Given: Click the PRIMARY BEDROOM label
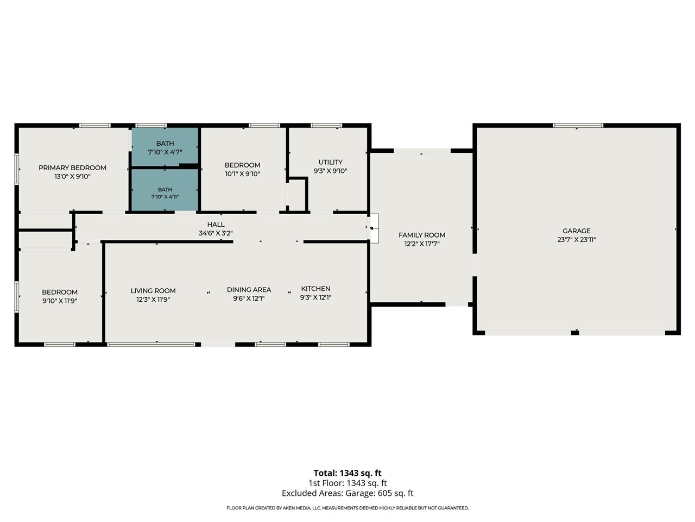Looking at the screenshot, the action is tap(73, 167).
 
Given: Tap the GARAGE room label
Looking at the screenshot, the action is tap(576, 231).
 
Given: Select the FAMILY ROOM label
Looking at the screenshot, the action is tap(422, 235).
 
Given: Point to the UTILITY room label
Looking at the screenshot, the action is tap(330, 162).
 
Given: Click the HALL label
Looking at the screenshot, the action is tap(216, 225).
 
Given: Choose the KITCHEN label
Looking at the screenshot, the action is tap(315, 289).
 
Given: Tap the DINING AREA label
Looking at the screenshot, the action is tap(249, 290).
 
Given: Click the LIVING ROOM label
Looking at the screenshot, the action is tap(153, 290).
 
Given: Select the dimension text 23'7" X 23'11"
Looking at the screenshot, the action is tap(576, 240).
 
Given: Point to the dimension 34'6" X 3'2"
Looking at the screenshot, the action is tap(216, 233).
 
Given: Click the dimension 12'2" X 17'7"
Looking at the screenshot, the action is tap(422, 244).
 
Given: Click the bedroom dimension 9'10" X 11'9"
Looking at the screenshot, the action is tap(60, 301).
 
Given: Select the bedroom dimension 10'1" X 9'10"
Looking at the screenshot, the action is tap(243, 173).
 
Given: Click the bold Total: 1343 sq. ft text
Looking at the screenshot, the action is tap(347, 473).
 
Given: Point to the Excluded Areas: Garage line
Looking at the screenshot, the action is tap(347, 493).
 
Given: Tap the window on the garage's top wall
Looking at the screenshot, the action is tap(578, 126).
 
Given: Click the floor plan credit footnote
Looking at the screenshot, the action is tap(347, 508).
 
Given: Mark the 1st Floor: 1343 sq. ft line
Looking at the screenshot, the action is tap(347, 483).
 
